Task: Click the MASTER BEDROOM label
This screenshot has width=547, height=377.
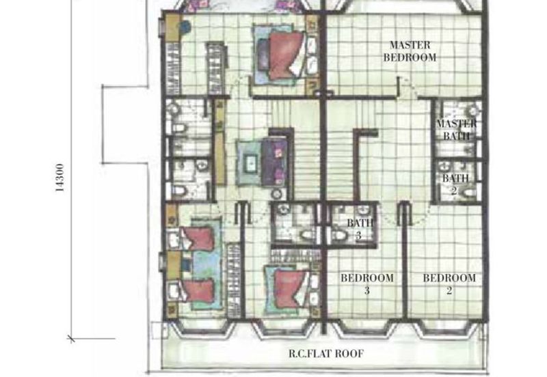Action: (x=410, y=51)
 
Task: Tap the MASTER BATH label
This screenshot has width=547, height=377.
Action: (x=457, y=130)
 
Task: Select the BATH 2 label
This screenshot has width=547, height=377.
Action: (x=455, y=184)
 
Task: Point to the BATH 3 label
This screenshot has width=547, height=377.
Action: (x=360, y=229)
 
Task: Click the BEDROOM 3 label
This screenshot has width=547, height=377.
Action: (x=367, y=284)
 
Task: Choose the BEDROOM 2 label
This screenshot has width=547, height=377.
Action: (x=449, y=284)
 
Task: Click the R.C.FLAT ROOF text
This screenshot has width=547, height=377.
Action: (x=326, y=354)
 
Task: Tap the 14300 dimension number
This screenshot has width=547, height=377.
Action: (x=59, y=178)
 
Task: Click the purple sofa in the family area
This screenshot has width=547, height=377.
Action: (x=275, y=161)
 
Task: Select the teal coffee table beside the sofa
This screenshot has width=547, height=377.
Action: (x=250, y=163)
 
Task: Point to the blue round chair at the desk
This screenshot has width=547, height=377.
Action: (x=185, y=27)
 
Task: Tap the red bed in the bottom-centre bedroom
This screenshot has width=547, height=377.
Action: (x=290, y=289)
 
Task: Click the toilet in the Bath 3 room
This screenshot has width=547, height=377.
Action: (x=339, y=236)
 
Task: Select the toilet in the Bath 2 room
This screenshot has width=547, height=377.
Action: (x=469, y=193)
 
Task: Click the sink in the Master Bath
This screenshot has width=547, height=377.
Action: (x=472, y=111)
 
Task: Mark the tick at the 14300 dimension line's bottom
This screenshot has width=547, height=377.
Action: (x=71, y=338)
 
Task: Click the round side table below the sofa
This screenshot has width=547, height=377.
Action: (x=276, y=194)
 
